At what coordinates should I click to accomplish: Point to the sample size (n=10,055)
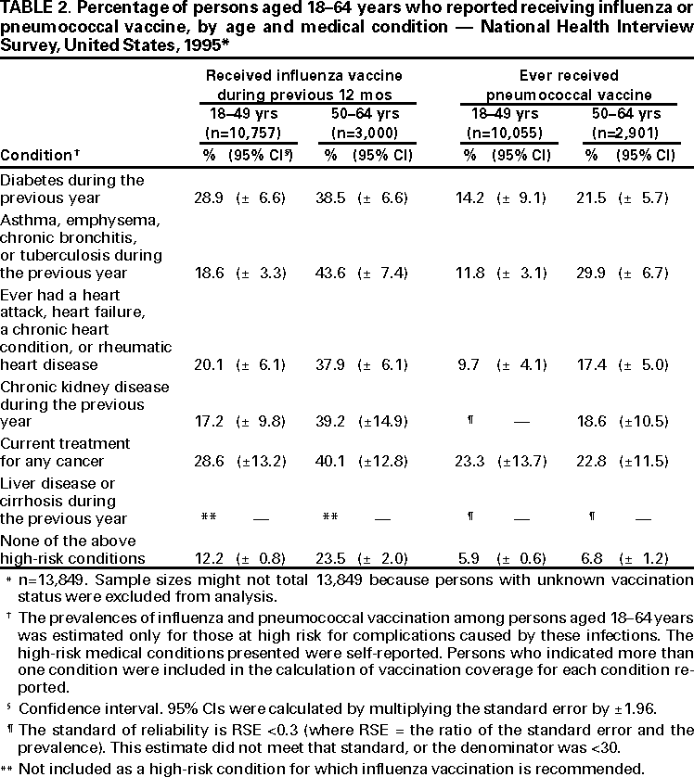500,133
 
